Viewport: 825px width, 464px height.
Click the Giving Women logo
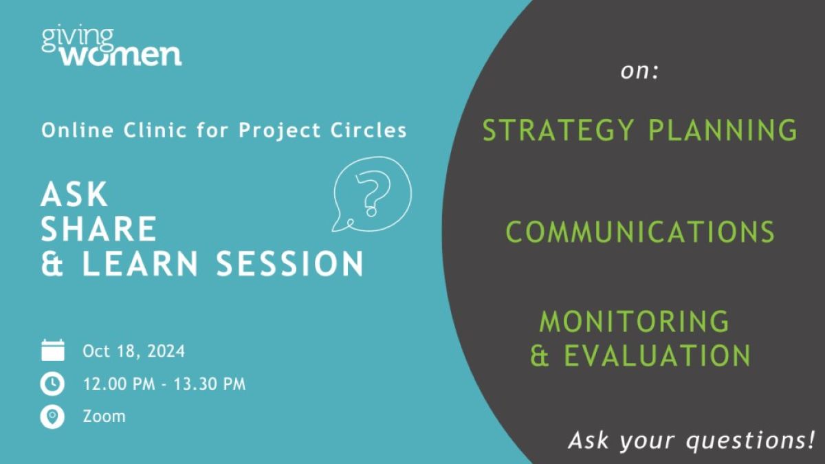point(111,47)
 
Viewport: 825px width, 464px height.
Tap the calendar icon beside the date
point(53,350)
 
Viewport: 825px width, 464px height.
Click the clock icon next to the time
point(52,384)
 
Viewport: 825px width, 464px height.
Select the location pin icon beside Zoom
point(52,417)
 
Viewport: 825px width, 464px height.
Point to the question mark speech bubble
point(372,194)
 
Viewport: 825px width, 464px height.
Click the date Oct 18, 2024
point(133,351)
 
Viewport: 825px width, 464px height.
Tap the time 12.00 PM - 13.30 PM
point(164,384)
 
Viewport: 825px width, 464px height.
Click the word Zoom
point(104,417)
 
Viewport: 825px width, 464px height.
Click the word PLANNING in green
point(723,130)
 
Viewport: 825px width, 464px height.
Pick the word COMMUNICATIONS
point(640,232)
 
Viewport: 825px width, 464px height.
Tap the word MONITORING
point(634,322)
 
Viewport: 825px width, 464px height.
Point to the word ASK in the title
point(74,194)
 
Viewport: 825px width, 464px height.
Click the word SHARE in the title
point(99,229)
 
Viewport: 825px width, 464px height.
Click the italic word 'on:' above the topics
point(639,71)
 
